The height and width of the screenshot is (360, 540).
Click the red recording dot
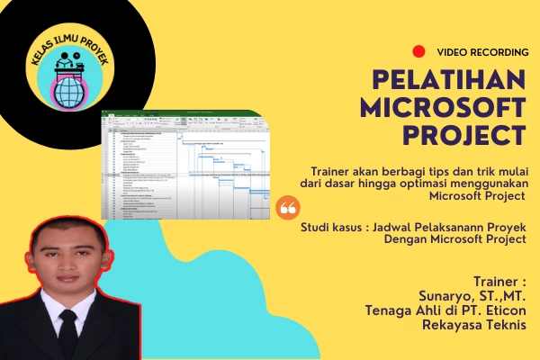pos(418,52)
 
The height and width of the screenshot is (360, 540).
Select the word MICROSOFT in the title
pos(442,109)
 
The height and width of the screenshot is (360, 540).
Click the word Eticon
pos(501,310)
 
